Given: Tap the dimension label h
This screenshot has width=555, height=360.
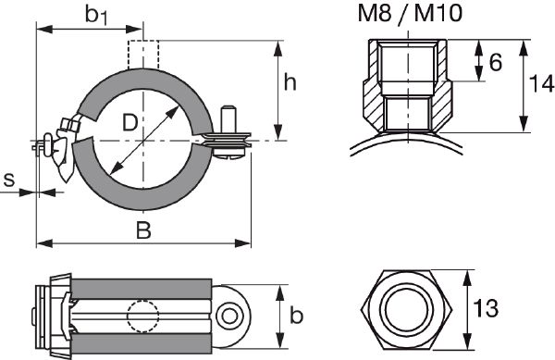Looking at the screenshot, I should pyautogui.click(x=290, y=83).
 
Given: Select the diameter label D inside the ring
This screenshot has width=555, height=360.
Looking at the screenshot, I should pyautogui.click(x=130, y=121).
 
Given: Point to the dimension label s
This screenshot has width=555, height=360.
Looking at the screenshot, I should pyautogui.click(x=10, y=179).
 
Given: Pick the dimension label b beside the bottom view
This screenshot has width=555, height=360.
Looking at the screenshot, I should pyautogui.click(x=296, y=317).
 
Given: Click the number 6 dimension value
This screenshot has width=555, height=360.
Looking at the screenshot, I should pyautogui.click(x=495, y=62).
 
